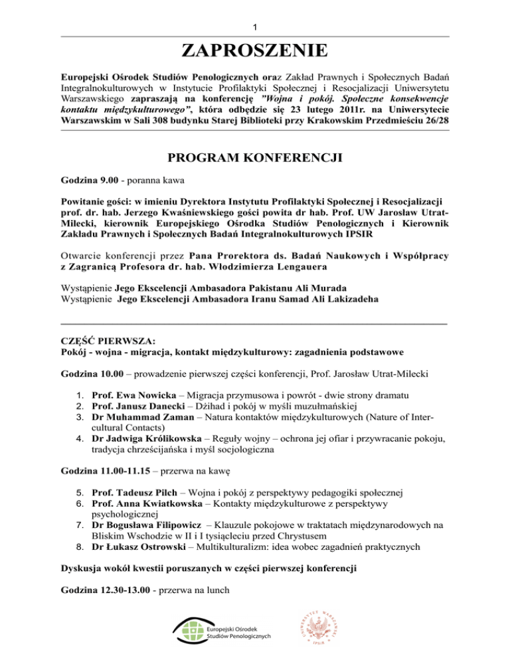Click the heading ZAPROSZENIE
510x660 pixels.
(255, 50)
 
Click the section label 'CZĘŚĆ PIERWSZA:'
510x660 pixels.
(102, 339)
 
